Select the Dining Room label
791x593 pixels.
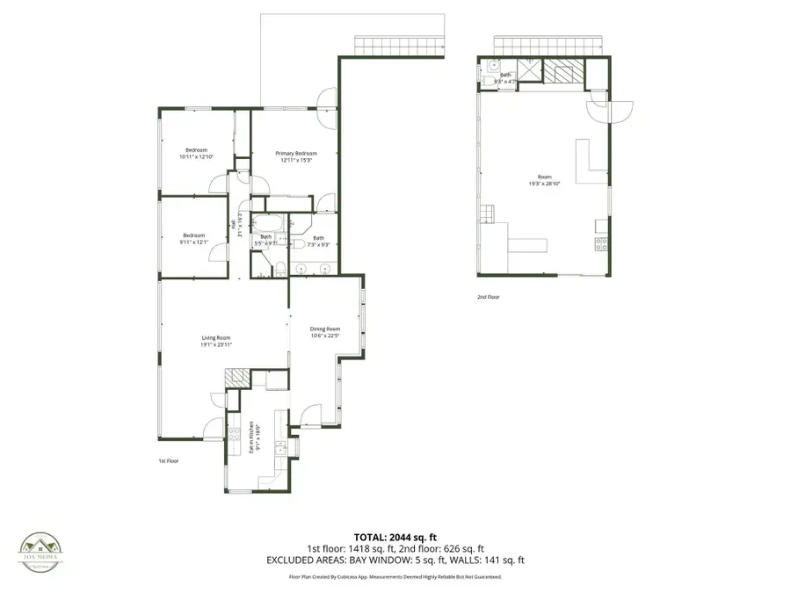[324, 329]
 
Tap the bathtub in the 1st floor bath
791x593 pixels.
[268, 223]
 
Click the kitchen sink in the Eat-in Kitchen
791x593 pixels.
[280, 447]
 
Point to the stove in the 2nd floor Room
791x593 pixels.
[601, 244]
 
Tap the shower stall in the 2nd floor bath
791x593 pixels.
[529, 71]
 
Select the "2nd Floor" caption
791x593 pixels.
[488, 297]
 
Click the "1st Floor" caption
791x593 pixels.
[169, 460]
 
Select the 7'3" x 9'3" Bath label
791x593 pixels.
[318, 241]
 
